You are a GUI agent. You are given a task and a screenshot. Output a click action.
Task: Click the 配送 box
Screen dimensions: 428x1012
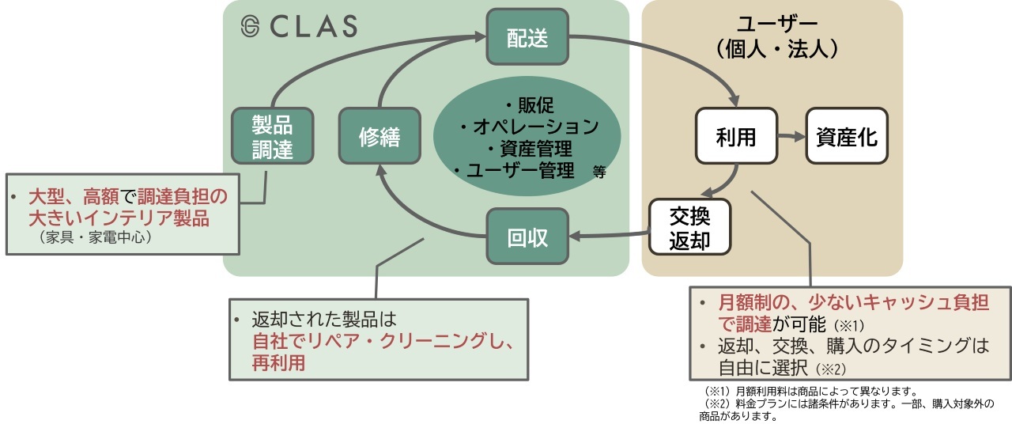coord(527,38)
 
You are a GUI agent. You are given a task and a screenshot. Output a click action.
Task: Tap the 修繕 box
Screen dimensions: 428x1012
coord(379,137)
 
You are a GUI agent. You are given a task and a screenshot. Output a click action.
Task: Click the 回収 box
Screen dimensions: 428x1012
coord(527,237)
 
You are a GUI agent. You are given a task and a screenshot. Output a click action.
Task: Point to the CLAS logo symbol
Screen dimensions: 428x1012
coord(250,26)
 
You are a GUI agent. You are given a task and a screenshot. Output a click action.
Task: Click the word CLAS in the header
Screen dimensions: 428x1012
coord(313,27)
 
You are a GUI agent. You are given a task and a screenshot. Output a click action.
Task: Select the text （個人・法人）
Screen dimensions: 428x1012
coord(772,48)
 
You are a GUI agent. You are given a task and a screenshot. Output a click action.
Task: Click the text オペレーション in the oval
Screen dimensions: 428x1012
coord(534,127)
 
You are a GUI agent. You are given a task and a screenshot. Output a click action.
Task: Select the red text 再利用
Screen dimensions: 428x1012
coord(278,363)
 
